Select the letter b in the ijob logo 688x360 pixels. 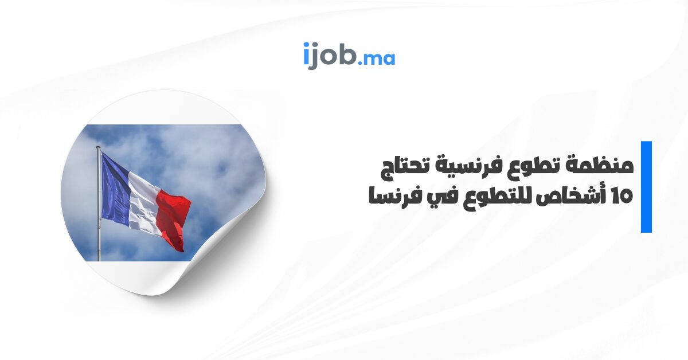pyautogui.click(x=347, y=54)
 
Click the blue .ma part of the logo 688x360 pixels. pyautogui.click(x=377, y=59)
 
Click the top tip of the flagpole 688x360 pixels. pyautogui.click(x=98, y=147)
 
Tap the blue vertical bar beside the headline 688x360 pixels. pyautogui.click(x=646, y=187)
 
